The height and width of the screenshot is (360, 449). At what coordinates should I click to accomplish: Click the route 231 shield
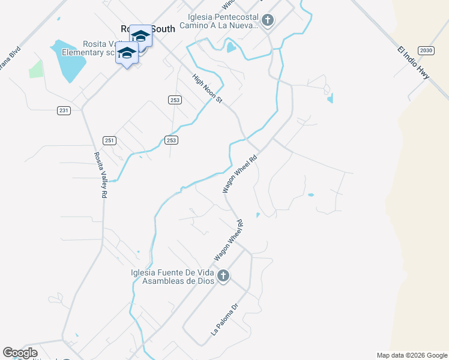pyautogui.click(x=64, y=110)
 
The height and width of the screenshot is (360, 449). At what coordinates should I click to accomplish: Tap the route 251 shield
pyautogui.click(x=109, y=140)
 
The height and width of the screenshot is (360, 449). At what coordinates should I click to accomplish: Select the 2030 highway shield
pyautogui.click(x=426, y=50)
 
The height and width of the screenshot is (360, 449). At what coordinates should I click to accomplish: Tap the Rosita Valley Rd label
pyautogui.click(x=100, y=175)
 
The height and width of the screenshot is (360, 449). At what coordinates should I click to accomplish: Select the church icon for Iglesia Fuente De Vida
pyautogui.click(x=223, y=276)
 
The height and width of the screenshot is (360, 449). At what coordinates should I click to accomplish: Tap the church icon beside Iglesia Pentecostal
pyautogui.click(x=268, y=21)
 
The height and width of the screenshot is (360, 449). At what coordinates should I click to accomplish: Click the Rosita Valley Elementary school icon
pyautogui.click(x=127, y=53)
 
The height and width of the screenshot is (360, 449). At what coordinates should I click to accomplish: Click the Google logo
pyautogui.click(x=20, y=353)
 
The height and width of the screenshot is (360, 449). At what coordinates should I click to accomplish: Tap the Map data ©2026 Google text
pyautogui.click(x=412, y=355)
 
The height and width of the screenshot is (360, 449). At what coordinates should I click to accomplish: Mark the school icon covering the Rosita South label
pyautogui.click(x=141, y=35)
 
